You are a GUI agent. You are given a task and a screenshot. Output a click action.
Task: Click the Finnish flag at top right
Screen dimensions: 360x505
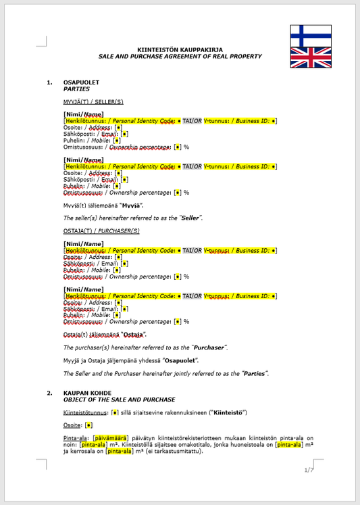pyautogui.click(x=311, y=35)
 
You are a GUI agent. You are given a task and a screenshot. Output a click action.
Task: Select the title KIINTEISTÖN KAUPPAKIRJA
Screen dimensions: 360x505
pyautogui.click(x=180, y=50)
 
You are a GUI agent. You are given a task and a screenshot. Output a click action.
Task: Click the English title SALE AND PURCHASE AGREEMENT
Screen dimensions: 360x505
pyautogui.click(x=180, y=56)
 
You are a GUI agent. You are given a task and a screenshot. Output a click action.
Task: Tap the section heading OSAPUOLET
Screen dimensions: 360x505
pyautogui.click(x=81, y=82)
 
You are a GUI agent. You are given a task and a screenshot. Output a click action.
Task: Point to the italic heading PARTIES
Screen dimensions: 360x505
pyautogui.click(x=76, y=89)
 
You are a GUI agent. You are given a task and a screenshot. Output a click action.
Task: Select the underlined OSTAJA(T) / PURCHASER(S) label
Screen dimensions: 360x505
pyautogui.click(x=101, y=231)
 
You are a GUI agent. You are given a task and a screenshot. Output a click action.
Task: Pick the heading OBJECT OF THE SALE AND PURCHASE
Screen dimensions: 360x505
pyautogui.click(x=118, y=399)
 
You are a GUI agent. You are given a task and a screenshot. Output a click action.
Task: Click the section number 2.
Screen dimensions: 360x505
pyautogui.click(x=49, y=393)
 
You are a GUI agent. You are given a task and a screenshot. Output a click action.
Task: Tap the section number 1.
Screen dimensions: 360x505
pyautogui.click(x=49, y=82)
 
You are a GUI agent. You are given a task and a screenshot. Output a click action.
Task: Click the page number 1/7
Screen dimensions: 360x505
pyautogui.click(x=309, y=470)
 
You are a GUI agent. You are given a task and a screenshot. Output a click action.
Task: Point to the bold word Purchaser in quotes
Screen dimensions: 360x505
pyautogui.click(x=205, y=347)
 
